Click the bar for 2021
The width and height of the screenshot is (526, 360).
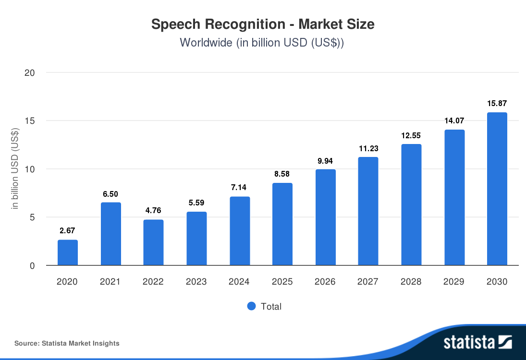tap(110, 234)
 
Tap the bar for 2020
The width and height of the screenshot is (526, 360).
tap(68, 252)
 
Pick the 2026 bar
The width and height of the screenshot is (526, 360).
tap(326, 217)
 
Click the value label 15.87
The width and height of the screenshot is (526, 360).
tap(497, 103)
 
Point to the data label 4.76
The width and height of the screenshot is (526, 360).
tap(153, 211)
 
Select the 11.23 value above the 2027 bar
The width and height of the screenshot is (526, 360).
tap(368, 148)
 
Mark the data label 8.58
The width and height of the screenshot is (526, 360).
tap(282, 174)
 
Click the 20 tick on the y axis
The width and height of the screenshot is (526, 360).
tap(30, 73)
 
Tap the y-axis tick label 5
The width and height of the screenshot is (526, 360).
tap(32, 217)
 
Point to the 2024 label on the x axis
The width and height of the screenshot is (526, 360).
tap(239, 282)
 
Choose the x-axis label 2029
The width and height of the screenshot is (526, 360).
tap(454, 282)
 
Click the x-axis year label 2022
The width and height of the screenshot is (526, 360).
tap(153, 282)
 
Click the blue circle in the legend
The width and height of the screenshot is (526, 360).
tap(251, 306)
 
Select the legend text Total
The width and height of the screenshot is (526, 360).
tap(271, 306)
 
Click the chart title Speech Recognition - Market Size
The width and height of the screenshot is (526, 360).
tap(263, 24)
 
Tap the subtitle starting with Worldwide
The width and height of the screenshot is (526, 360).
tap(263, 42)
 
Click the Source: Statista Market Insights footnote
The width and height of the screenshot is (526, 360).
tap(67, 343)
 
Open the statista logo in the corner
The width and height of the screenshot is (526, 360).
tap(477, 342)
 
